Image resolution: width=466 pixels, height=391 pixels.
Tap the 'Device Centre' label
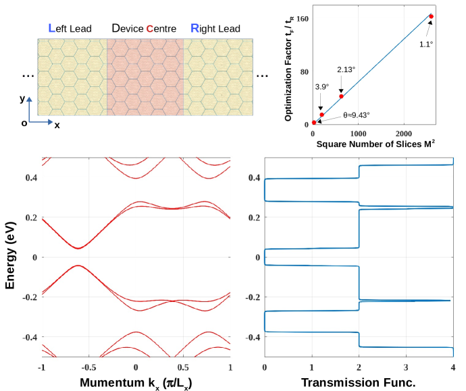[144, 28]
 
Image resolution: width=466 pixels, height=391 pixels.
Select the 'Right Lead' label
[215, 28]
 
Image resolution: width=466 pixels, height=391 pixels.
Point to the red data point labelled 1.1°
[431, 16]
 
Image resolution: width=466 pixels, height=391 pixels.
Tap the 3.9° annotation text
[322, 86]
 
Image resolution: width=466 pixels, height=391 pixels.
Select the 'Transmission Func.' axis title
[358, 383]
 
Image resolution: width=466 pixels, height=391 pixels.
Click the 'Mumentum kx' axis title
[136, 383]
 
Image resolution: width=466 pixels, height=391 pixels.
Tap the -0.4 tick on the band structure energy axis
[28, 337]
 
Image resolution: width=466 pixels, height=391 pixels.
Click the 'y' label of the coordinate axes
[22, 98]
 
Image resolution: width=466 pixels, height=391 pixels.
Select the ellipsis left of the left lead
[28, 75]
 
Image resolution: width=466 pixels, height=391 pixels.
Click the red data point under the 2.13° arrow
[341, 96]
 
